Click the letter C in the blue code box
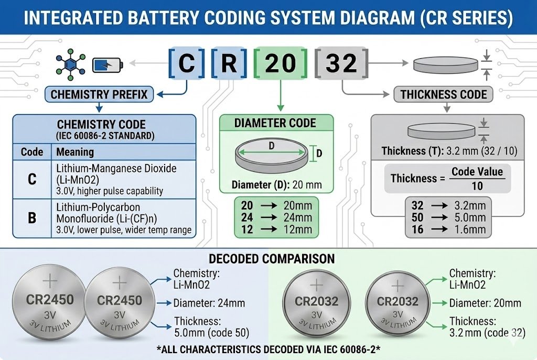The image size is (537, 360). (186, 63)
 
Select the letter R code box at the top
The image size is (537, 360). (228, 63)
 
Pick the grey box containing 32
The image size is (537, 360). (341, 63)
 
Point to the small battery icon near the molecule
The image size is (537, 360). (108, 65)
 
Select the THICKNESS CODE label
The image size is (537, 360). (444, 95)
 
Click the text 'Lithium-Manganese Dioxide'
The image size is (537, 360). (116, 168)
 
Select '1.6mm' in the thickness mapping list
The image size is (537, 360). (470, 230)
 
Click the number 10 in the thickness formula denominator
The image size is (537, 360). (477, 186)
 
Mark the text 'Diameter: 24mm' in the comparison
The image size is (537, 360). (209, 303)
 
